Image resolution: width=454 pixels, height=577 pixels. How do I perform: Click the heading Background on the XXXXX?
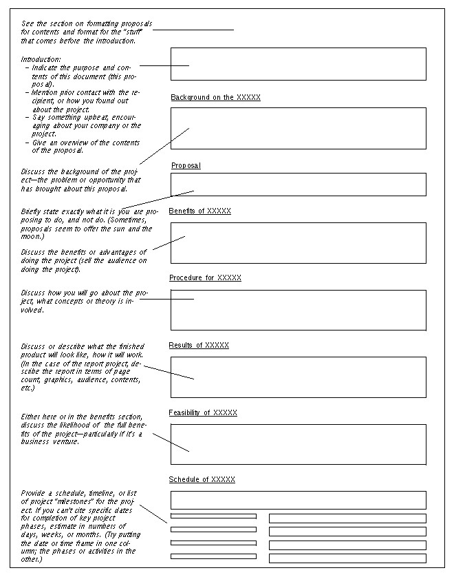(215, 98)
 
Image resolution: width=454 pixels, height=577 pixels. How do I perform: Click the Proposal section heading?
(186, 166)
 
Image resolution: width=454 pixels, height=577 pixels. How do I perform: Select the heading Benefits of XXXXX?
(199, 211)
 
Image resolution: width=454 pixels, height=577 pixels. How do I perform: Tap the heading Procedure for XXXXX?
(205, 278)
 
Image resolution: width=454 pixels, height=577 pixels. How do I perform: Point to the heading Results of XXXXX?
(199, 345)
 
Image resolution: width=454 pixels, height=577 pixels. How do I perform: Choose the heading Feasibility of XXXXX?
(203, 412)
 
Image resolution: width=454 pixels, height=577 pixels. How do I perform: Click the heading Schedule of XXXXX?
(202, 479)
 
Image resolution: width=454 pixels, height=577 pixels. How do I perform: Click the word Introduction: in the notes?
(41, 59)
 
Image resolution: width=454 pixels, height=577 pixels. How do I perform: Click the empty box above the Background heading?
(298, 64)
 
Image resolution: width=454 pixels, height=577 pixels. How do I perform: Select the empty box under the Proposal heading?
(298, 185)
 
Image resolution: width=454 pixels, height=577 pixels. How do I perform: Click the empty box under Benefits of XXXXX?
(298, 243)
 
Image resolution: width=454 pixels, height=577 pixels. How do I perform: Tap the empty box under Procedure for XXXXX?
(298, 310)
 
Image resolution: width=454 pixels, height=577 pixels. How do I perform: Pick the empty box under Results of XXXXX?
(298, 377)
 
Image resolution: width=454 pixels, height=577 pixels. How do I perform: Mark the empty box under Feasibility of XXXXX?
(298, 444)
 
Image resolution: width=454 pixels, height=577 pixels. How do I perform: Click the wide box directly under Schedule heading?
(298, 500)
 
